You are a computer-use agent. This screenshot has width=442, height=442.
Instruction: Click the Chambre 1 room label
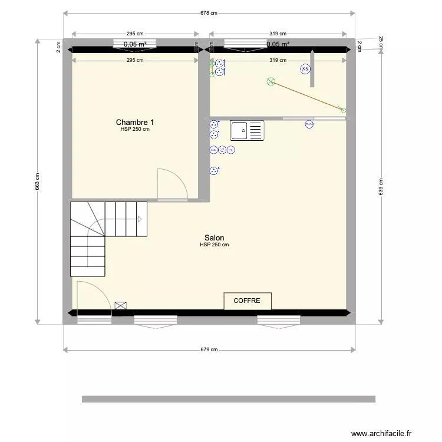(135, 122)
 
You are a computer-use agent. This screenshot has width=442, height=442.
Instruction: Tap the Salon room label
(214, 238)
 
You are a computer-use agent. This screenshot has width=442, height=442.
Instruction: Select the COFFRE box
(247, 301)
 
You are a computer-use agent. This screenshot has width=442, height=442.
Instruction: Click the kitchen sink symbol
(247, 130)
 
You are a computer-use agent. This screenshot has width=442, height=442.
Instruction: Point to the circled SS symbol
(305, 69)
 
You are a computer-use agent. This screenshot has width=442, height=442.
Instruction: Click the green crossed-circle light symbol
(271, 81)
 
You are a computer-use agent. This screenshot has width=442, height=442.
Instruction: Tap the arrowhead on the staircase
(140, 219)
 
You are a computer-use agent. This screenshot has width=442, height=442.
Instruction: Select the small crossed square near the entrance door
(121, 305)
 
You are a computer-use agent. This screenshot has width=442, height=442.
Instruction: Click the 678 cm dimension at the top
(209, 12)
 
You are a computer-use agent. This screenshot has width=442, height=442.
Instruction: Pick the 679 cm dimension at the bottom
(209, 349)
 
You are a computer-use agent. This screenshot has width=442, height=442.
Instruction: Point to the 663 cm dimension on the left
(38, 182)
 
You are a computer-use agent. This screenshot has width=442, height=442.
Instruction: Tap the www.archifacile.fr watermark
(382, 433)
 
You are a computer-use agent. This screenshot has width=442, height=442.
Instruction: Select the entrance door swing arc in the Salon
(94, 295)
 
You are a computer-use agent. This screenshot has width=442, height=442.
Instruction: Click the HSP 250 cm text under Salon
(214, 245)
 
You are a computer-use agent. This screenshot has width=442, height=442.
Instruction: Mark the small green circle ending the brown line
(344, 110)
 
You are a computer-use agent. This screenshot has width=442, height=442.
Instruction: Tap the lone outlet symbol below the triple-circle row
(213, 171)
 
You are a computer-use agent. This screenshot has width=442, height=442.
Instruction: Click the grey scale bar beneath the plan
(229, 399)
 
